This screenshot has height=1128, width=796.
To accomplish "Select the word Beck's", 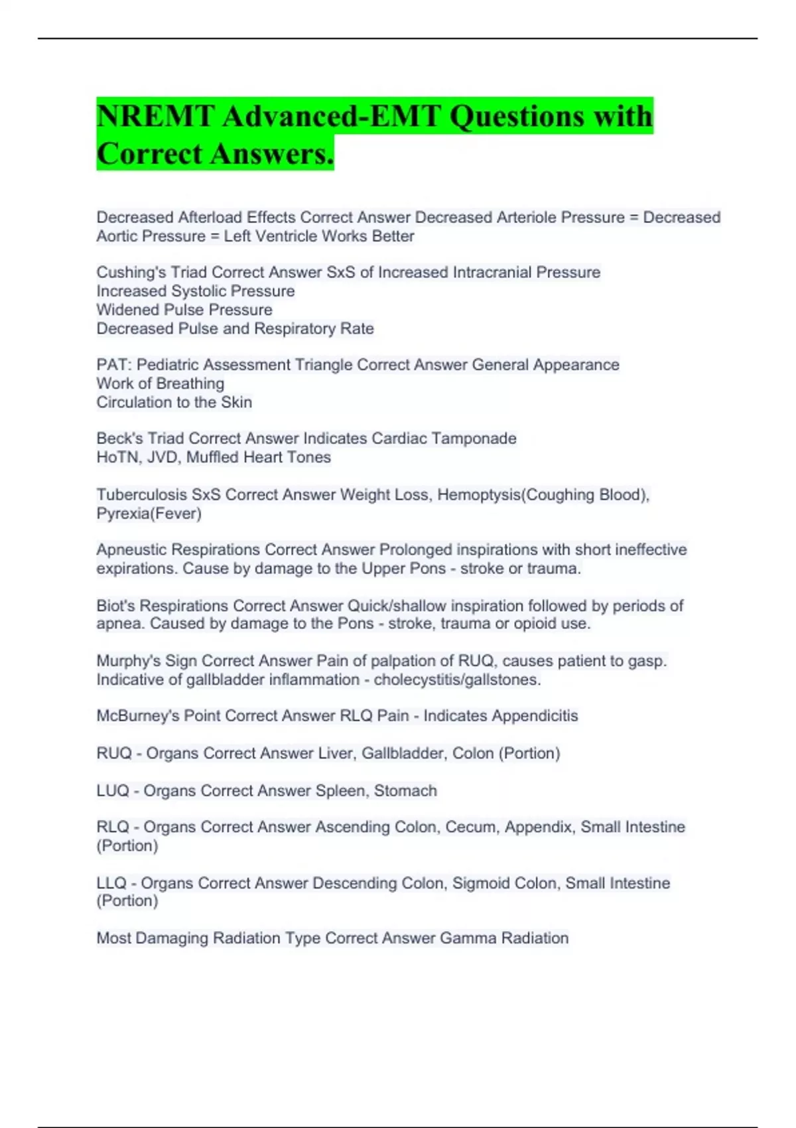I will tap(119, 439).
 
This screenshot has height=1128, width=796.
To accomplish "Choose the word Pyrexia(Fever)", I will tap(149, 514).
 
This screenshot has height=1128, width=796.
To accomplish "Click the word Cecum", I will tap(470, 827).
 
